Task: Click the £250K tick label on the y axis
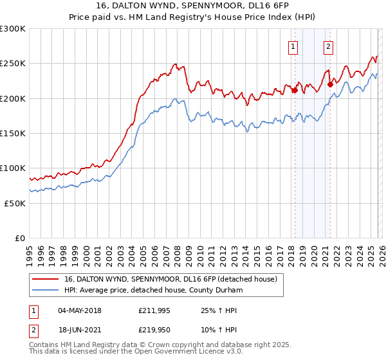pos(13,64)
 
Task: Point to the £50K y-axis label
pos(15,203)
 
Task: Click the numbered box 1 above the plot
pos(293,46)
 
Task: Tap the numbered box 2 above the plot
pos(328,46)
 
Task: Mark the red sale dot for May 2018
pos(295,90)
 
